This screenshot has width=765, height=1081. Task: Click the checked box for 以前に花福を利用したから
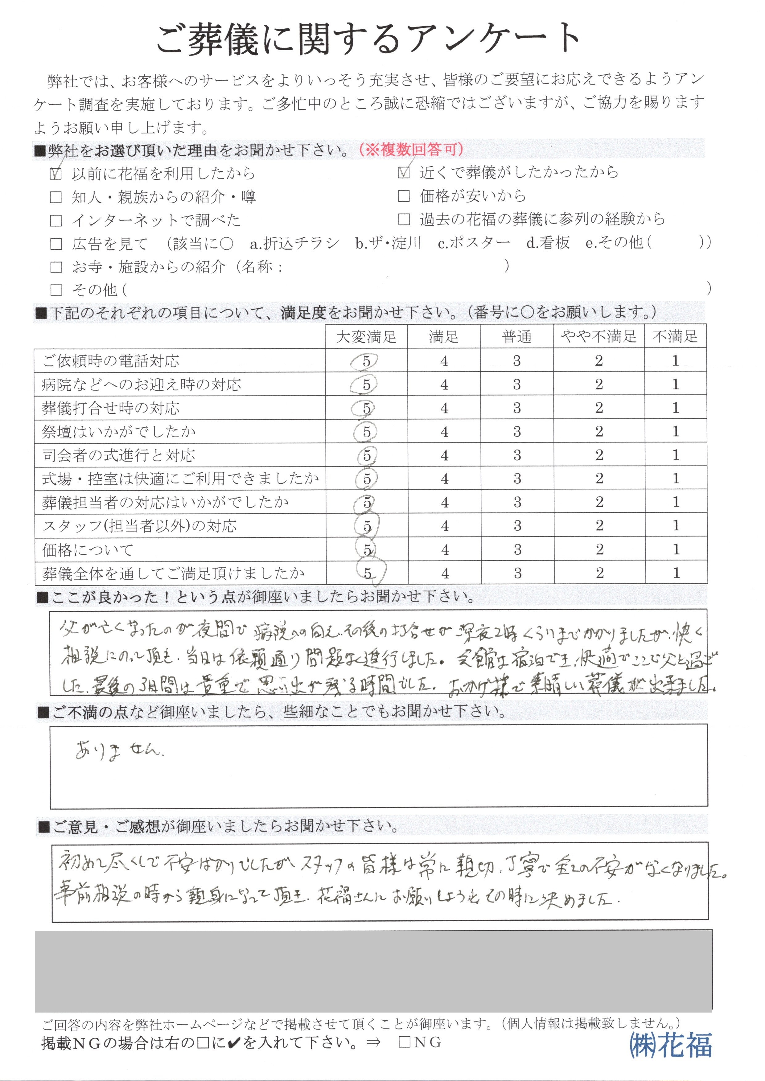pos(56,174)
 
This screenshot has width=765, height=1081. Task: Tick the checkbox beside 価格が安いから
pos(404,196)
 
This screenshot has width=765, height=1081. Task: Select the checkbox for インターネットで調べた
pos(56,220)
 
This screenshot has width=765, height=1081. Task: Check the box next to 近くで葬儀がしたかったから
pos(404,173)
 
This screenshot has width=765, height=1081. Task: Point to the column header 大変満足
pos(366,337)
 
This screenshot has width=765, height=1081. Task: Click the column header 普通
pos(517,337)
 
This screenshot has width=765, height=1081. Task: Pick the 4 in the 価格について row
pos(445,550)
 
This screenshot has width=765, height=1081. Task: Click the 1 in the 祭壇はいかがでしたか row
pos(676,431)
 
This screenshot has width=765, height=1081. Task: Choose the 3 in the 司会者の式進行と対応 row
pos(517,455)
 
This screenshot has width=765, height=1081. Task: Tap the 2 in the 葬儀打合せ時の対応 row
pos(599,408)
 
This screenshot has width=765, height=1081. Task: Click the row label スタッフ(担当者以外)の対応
pos(139,526)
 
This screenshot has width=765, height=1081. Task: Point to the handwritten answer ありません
pos(120,751)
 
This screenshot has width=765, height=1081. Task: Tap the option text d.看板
pos(548,243)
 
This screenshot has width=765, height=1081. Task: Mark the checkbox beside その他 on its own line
pos(56,290)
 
